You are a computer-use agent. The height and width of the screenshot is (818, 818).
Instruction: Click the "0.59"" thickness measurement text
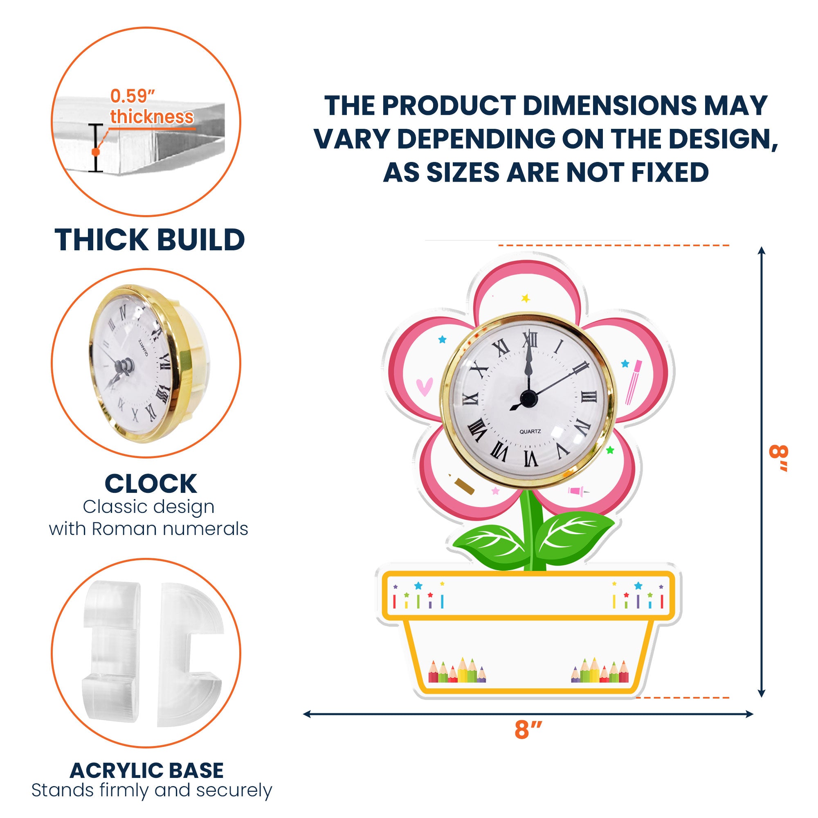click(x=152, y=107)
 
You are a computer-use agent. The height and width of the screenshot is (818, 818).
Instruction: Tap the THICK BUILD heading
click(x=150, y=240)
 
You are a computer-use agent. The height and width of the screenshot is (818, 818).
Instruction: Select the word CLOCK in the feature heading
click(x=151, y=483)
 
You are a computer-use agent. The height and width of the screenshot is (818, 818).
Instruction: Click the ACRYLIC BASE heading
click(x=147, y=771)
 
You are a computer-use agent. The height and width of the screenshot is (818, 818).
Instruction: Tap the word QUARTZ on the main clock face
click(x=530, y=431)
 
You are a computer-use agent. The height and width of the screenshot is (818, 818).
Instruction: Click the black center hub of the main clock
click(x=528, y=398)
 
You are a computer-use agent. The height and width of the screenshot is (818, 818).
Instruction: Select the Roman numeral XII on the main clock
click(x=528, y=339)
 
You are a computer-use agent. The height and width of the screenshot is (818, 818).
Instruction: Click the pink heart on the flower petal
click(x=424, y=386)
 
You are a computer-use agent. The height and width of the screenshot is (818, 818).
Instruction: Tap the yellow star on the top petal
click(x=526, y=298)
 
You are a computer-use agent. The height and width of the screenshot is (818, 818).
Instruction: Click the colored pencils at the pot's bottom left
click(x=457, y=670)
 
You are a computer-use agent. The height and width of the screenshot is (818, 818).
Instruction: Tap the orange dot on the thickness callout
click(x=96, y=151)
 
